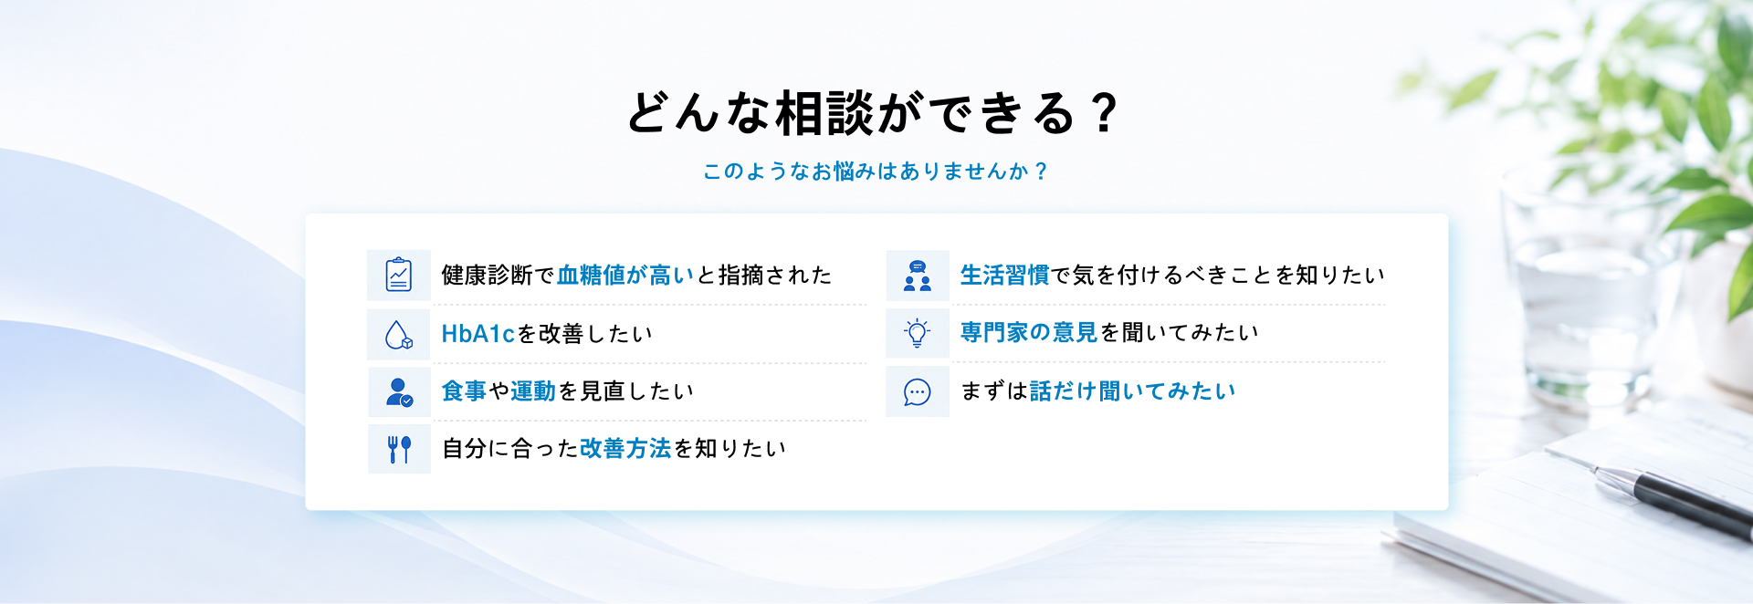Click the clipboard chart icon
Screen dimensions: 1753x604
pyautogui.click(x=399, y=275)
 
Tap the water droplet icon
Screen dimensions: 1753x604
pyautogui.click(x=399, y=335)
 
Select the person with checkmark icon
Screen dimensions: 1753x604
pyautogui.click(x=399, y=392)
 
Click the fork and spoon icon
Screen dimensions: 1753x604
pyautogui.click(x=399, y=449)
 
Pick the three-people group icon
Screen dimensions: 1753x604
pyautogui.click(x=918, y=276)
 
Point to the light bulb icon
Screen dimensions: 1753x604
pyautogui.click(x=918, y=333)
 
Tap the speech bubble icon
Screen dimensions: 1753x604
pyautogui.click(x=918, y=391)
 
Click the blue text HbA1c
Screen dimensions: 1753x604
pyautogui.click(x=478, y=334)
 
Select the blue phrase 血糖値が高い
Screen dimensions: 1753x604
pyautogui.click(x=625, y=275)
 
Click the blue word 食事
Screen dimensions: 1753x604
pyautogui.click(x=464, y=391)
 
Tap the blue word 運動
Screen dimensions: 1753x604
pyautogui.click(x=533, y=391)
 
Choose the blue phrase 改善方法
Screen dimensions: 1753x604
pyautogui.click(x=625, y=448)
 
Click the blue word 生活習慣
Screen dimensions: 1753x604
pyautogui.click(x=1005, y=275)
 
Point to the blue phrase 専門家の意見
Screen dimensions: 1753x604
pyautogui.click(x=1029, y=332)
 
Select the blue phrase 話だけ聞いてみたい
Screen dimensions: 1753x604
pyautogui.click(x=1132, y=391)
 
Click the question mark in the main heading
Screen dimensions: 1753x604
pyautogui.click(x=1105, y=113)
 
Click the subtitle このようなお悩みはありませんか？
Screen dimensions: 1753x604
pyautogui.click(x=876, y=171)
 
